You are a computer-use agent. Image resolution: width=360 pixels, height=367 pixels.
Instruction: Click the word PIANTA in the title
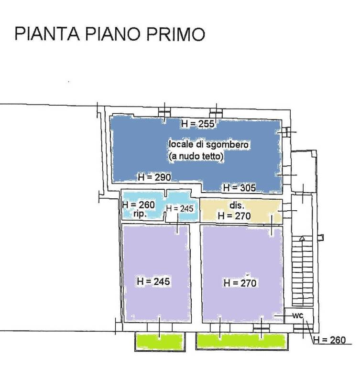(47, 34)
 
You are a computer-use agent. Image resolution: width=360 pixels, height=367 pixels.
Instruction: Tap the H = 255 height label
(198, 124)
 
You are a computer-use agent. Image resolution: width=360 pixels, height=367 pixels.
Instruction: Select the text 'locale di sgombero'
(208, 144)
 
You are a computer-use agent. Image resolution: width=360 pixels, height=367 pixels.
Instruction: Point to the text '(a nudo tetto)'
(197, 156)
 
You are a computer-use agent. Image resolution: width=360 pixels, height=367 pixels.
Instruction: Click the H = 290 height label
(154, 177)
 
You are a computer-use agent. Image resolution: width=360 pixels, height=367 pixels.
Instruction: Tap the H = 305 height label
(240, 187)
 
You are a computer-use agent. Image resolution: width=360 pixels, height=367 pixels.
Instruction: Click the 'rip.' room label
(140, 214)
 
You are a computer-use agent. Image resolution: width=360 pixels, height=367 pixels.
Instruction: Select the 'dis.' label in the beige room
(237, 205)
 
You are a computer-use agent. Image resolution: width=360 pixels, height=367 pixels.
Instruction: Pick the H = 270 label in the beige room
(234, 216)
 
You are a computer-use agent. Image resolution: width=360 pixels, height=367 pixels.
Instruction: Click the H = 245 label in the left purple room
(153, 281)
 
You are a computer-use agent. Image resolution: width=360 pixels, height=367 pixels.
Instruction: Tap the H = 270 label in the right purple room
(240, 283)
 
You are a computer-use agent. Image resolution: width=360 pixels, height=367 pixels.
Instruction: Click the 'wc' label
(298, 316)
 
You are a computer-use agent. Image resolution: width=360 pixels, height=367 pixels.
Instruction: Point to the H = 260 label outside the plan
(329, 340)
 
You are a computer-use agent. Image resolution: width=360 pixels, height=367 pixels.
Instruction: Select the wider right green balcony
(241, 341)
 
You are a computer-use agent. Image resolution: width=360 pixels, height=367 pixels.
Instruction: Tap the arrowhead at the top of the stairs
(302, 238)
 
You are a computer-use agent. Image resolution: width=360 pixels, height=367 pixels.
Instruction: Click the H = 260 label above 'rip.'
(139, 205)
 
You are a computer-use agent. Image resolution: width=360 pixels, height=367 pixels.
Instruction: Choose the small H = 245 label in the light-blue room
(180, 208)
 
